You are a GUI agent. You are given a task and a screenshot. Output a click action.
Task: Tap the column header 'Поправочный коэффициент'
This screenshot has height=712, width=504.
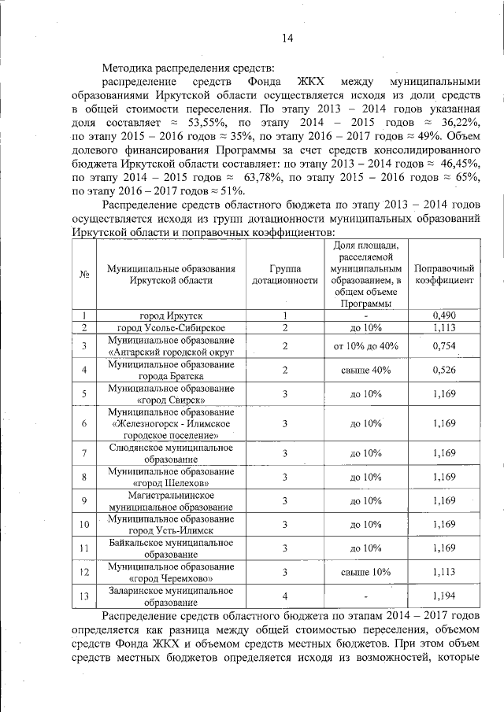click(x=444, y=274)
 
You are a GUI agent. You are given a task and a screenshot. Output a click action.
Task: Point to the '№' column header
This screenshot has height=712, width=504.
click(x=83, y=274)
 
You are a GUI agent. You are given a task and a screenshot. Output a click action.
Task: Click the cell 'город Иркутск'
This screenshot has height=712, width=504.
click(x=171, y=315)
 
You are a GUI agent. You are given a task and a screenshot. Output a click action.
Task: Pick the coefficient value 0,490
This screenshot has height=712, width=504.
click(x=444, y=315)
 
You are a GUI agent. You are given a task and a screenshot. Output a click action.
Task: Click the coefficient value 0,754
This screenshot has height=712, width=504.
click(x=444, y=345)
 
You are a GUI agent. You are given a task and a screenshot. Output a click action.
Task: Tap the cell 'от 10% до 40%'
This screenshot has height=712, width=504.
click(x=365, y=345)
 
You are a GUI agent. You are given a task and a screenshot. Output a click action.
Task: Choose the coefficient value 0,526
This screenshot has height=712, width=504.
click(x=444, y=370)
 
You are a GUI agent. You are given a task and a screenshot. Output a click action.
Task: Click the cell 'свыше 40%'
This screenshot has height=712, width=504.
click(x=365, y=370)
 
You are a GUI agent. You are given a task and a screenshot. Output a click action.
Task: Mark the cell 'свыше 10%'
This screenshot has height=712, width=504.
click(x=365, y=572)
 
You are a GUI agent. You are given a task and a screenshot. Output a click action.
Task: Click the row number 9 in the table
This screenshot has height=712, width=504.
click(x=83, y=500)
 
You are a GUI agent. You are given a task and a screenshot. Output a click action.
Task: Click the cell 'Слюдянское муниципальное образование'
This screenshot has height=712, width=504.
click(x=171, y=453)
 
